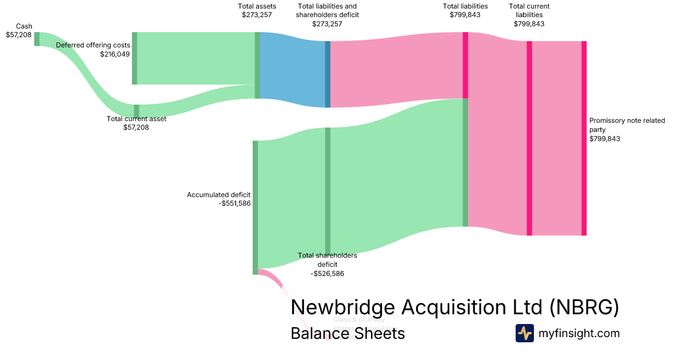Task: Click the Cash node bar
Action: click(37, 39)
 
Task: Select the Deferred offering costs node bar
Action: click(134, 58)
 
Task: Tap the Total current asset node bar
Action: click(136, 110)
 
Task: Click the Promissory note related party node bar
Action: click(584, 138)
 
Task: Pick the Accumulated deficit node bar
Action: click(255, 205)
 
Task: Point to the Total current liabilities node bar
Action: click(529, 138)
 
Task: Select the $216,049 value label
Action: click(115, 54)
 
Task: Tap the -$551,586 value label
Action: click(234, 203)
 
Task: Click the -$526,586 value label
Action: click(327, 274)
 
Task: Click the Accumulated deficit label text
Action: click(218, 195)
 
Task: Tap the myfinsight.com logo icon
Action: click(524, 333)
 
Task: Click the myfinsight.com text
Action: click(579, 333)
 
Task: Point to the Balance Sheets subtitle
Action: click(348, 333)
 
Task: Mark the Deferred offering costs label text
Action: click(93, 45)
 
